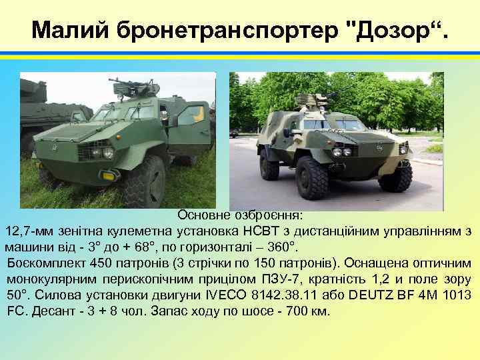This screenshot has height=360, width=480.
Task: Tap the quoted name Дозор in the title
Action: pos(395,30)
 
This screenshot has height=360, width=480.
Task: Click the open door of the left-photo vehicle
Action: pos(189,127)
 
